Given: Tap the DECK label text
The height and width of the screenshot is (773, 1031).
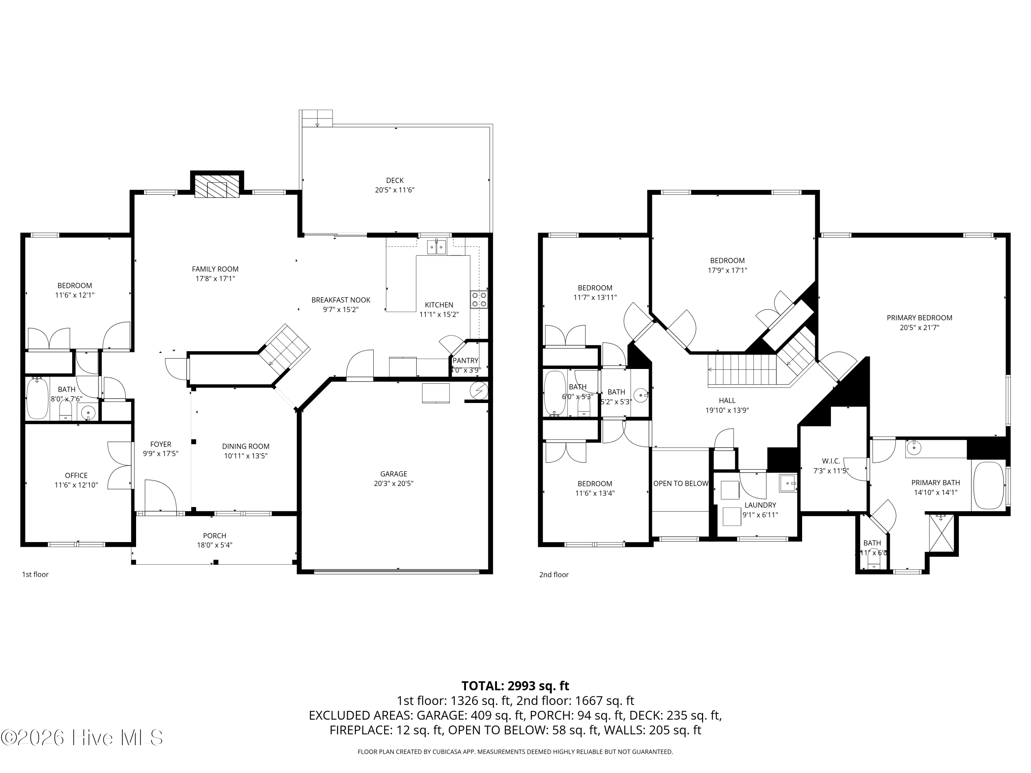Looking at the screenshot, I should coord(395,180).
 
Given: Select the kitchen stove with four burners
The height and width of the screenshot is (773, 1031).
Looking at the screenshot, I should coord(479,300).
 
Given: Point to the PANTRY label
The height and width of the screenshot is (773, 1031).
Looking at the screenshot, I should coord(465,360).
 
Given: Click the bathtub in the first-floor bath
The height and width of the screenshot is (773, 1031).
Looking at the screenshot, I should coord(37,399).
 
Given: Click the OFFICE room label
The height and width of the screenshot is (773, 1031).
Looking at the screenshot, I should coord(76,475).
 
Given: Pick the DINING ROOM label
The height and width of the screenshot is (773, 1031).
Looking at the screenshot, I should coord(246,446).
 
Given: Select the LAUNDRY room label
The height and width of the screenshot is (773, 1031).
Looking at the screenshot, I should coord(760,505).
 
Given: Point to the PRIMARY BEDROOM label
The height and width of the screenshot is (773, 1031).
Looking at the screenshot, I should coord(919,318).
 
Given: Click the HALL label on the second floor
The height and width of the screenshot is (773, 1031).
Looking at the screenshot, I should coord(727,400).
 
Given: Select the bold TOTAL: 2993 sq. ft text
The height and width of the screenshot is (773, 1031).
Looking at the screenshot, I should coord(515,686).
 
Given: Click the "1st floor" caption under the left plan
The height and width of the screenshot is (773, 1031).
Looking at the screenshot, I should coord(35,574).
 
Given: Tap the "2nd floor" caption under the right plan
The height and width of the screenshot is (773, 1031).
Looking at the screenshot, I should coord(554,574).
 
